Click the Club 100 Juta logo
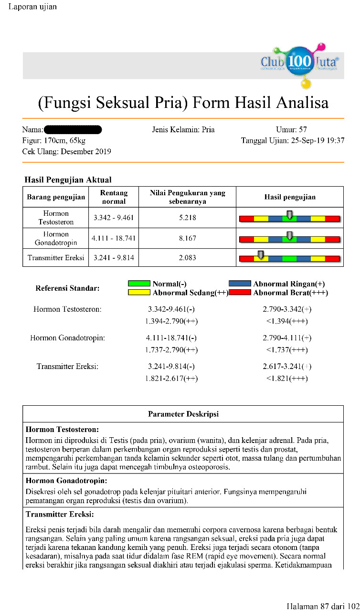[300, 63]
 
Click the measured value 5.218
[188, 217]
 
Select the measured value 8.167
[188, 238]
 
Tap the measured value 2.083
[188, 258]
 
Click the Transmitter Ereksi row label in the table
[56, 258]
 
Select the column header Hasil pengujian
[290, 197]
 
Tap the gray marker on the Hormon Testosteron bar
[289, 214]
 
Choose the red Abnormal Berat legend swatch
[240, 293]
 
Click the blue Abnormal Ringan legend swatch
[240, 284]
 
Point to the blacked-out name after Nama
[73, 129]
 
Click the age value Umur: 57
[291, 129]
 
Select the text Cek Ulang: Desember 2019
[66, 152]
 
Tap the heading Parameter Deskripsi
[183, 414]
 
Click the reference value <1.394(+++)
[286, 321]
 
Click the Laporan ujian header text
[32, 7]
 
